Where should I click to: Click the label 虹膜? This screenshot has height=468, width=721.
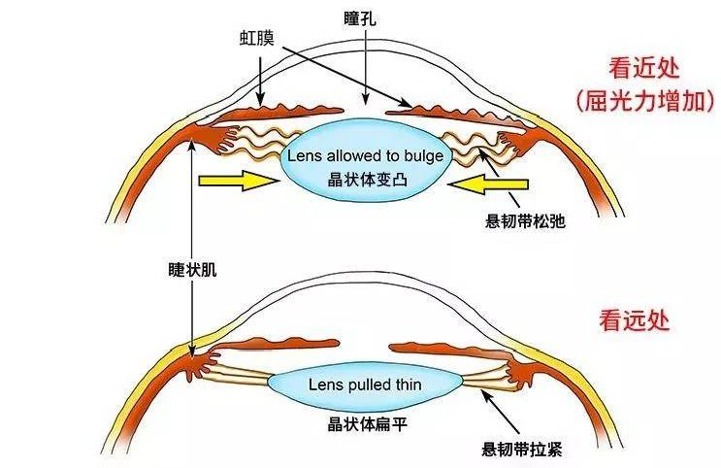(x=256, y=38)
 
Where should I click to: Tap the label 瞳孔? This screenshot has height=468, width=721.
(x=360, y=18)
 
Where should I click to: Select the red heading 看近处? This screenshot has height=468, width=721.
(x=643, y=69)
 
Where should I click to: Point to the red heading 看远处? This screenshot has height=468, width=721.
(x=634, y=319)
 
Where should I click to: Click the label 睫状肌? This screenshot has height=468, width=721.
(x=192, y=270)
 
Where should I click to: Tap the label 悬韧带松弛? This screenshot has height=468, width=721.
(x=525, y=221)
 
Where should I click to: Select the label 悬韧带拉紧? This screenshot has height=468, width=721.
(x=522, y=449)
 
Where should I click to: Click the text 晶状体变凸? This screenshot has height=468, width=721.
(x=367, y=180)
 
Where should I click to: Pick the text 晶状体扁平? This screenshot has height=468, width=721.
(x=367, y=424)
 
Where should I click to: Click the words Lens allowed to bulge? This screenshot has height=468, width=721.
(x=366, y=155)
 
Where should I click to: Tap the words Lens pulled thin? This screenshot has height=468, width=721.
(x=365, y=384)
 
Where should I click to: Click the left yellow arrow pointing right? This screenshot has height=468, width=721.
(x=239, y=181)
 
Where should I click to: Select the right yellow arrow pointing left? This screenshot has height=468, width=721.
(x=488, y=184)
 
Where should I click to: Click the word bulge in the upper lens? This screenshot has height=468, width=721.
(x=424, y=155)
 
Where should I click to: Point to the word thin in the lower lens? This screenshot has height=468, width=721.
(x=409, y=384)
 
